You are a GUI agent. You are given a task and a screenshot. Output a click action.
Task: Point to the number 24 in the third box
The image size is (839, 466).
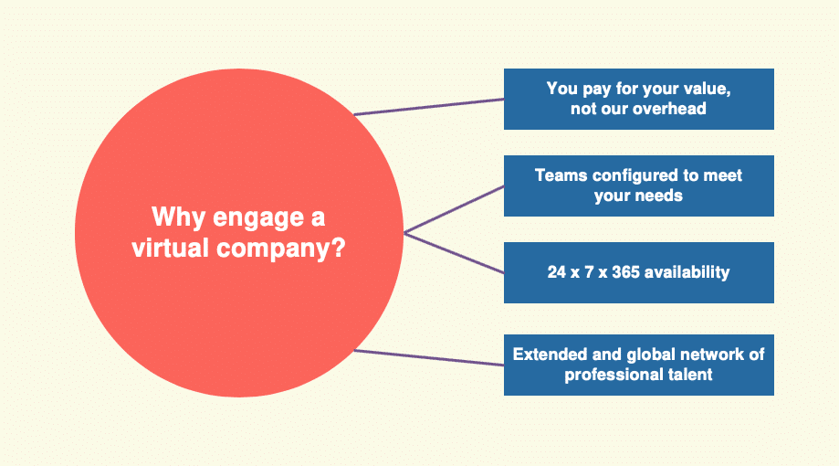(x=557, y=272)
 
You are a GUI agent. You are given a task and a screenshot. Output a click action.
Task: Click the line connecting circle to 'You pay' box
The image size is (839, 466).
(x=429, y=107)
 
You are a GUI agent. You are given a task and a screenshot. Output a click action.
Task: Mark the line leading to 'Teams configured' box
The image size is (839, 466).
(x=454, y=209)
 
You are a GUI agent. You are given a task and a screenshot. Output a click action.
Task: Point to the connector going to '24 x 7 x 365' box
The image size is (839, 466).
(x=454, y=253)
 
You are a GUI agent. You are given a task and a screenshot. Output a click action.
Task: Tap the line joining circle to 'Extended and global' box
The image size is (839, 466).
(x=429, y=358)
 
